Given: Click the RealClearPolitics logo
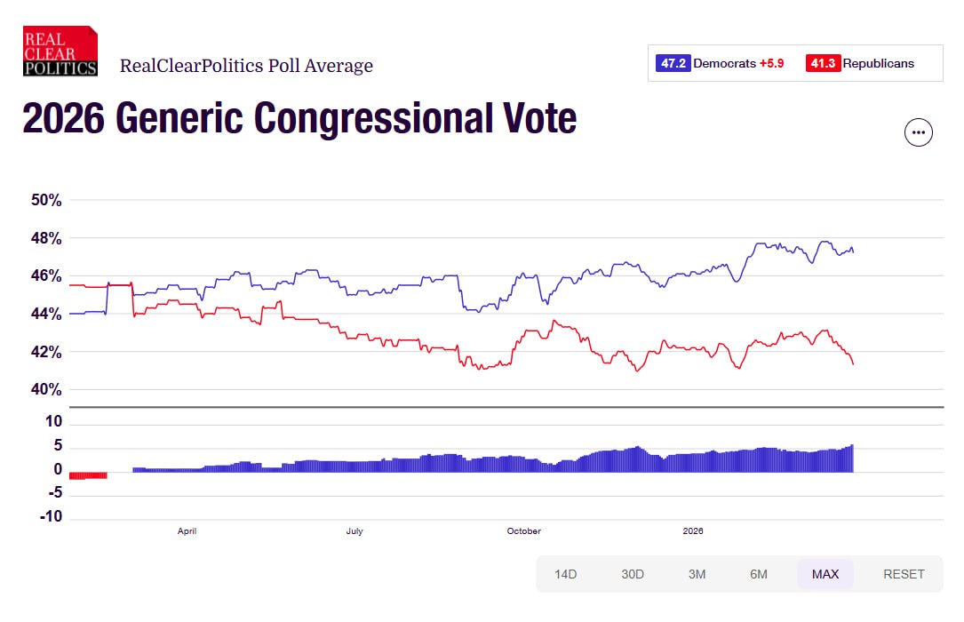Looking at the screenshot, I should point(60,51).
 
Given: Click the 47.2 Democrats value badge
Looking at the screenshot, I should point(673,63).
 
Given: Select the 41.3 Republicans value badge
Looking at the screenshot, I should point(823,63).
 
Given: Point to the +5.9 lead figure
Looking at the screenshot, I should point(771,63).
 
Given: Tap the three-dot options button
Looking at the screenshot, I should point(918,132).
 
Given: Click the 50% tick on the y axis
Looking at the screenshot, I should point(46,201).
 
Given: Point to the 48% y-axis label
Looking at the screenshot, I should point(46,239).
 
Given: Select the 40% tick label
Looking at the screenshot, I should point(46,390).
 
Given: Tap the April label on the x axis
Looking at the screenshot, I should point(187,531).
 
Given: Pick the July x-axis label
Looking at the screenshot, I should point(355,531).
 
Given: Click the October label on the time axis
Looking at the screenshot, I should point(523,531).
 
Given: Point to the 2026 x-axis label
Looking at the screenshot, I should point(693,531).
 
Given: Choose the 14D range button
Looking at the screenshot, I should point(566,574).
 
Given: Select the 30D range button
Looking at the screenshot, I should point(633,574).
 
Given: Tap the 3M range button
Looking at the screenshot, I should point(697,574).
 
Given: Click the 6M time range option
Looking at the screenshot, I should point(759,574).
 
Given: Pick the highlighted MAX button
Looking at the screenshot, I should point(825,574).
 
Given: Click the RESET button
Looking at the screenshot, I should point(904,574).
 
